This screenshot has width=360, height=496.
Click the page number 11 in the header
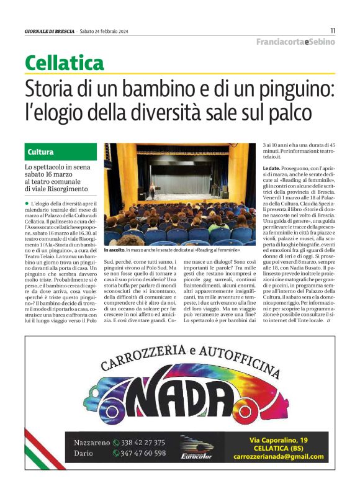point(333,30)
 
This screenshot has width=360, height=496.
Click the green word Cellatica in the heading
point(65,62)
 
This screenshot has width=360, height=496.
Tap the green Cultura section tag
point(40,151)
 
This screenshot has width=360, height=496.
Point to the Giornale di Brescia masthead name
point(50,31)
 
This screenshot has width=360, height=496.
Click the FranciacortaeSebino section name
point(295,42)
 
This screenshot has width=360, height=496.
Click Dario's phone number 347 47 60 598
point(139,453)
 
